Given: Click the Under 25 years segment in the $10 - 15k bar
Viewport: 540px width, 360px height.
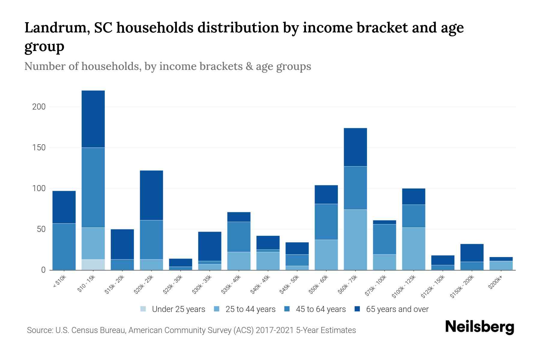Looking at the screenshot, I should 93,265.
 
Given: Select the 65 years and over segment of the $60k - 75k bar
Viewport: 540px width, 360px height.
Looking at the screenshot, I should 355,147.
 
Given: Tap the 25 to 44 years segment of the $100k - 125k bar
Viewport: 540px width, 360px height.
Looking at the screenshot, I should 414,249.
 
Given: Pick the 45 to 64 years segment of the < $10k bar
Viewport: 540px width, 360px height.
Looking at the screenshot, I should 64,247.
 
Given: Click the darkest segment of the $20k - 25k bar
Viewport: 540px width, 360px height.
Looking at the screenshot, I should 151,195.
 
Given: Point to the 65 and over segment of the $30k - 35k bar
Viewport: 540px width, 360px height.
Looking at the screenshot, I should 210,246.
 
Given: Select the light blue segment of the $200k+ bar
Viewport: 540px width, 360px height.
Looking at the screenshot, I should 501,265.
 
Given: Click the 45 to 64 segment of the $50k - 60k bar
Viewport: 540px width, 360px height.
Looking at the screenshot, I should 326,222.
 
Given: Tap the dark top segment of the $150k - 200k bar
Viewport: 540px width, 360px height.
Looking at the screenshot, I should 472,253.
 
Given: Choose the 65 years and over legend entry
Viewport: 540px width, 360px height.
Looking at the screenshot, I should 392,309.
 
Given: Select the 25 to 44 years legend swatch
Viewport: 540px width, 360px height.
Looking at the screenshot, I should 217,309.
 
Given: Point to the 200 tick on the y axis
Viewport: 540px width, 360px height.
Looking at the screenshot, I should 39,107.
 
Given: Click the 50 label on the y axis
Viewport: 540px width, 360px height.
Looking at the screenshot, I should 41,229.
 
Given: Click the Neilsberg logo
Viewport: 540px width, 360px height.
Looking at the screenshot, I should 479,327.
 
